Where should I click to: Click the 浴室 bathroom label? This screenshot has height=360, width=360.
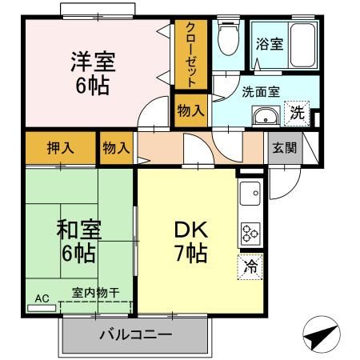[x=269, y=44]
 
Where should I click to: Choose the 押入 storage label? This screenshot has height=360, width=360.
[x=59, y=148]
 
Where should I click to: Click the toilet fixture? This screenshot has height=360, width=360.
[x=229, y=36]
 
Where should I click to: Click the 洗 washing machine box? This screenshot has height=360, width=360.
[x=298, y=114]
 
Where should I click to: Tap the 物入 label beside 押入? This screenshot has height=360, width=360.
[x=117, y=148]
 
